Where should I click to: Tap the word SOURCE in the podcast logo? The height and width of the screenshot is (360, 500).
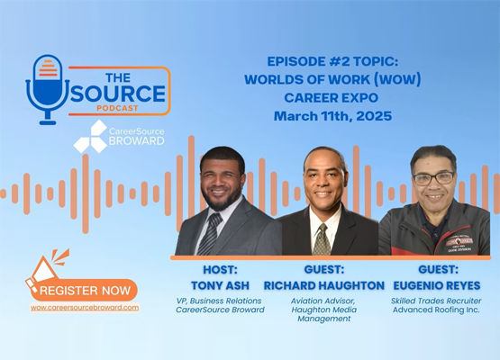tap(118, 94)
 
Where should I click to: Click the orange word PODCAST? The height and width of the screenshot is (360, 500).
tap(117, 108)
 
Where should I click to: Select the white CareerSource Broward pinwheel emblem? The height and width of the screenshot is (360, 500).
tap(90, 137)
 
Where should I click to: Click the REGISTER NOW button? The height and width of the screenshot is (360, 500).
tap(84, 290)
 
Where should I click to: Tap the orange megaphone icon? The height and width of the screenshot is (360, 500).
tap(47, 269)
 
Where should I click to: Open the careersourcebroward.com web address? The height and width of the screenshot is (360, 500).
tap(85, 308)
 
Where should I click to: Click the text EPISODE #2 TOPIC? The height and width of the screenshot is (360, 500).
tap(332, 61)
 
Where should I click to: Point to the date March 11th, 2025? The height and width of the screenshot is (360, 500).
tap(332, 116)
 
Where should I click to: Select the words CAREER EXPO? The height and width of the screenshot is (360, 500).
tap(331, 98)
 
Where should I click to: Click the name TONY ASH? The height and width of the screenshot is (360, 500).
tap(220, 285)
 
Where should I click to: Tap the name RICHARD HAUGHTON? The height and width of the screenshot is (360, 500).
tap(324, 285)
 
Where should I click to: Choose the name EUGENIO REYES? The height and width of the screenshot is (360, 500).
tap(437, 285)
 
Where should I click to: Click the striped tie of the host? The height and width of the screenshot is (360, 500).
tap(211, 234)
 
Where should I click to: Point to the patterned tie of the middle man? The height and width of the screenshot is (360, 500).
tap(322, 239)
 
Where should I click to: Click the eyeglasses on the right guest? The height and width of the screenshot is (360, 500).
tap(433, 178)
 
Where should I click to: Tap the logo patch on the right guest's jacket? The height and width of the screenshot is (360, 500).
tap(459, 244)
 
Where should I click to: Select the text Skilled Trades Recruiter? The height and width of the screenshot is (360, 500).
tap(436, 301)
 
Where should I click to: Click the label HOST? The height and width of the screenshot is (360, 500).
tap(220, 269)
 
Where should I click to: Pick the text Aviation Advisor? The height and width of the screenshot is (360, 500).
tap(323, 301)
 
